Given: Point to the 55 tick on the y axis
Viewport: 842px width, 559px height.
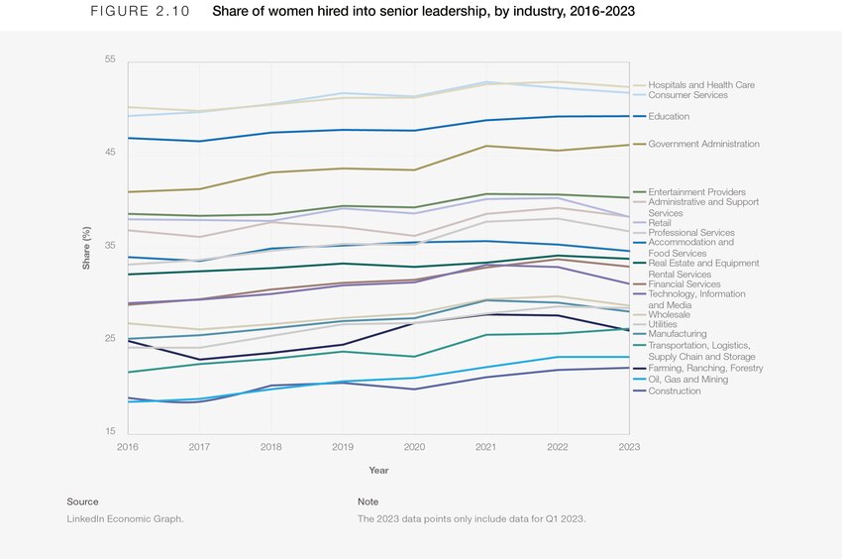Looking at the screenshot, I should (110, 59).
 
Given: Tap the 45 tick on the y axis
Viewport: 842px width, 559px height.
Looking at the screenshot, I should (110, 153).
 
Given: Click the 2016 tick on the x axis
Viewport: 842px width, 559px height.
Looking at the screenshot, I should (128, 448).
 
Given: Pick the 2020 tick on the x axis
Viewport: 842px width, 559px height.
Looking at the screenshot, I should (415, 448).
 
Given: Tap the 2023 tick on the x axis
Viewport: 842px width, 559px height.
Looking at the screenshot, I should (629, 448).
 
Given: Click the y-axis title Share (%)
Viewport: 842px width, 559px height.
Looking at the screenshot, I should (87, 249).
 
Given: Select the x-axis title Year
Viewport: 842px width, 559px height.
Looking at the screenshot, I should (378, 470).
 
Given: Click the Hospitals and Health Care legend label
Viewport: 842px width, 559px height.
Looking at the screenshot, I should (700, 85).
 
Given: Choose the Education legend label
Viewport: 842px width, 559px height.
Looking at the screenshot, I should (669, 117).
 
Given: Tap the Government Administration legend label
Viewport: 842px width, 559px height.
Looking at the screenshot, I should (703, 145).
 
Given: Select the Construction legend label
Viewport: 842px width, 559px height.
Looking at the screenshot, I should (674, 391).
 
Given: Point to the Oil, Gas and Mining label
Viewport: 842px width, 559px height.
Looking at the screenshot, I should (687, 380).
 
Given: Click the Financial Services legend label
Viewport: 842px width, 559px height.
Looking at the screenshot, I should (684, 284).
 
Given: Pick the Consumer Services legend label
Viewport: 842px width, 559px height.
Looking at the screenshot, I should (687, 95).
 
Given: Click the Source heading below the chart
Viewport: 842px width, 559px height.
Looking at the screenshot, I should (82, 502).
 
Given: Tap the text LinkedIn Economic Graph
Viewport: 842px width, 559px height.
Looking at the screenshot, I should (125, 519).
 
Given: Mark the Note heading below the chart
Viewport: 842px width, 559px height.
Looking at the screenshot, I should (368, 502).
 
